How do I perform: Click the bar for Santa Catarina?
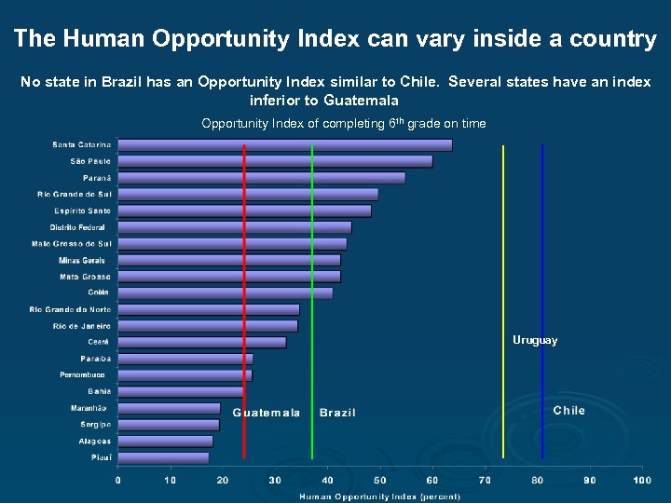coord(284,144)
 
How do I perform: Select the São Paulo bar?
coord(275,161)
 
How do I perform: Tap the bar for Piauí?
coord(163,457)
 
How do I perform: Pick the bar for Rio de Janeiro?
coord(207,326)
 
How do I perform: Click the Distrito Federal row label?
coord(77,226)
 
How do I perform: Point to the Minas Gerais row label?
coord(82,260)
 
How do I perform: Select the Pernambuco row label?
coord(83,374)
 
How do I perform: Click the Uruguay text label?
coord(535,341)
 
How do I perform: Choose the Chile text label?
coord(568,411)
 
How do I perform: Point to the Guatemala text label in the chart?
coord(267,413)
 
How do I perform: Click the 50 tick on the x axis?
coord(380,480)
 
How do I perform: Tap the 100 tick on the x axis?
coord(641,480)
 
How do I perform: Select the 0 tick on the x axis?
coord(117,480)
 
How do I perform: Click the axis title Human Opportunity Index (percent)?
coord(379,496)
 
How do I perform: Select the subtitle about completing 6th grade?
coord(343,124)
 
